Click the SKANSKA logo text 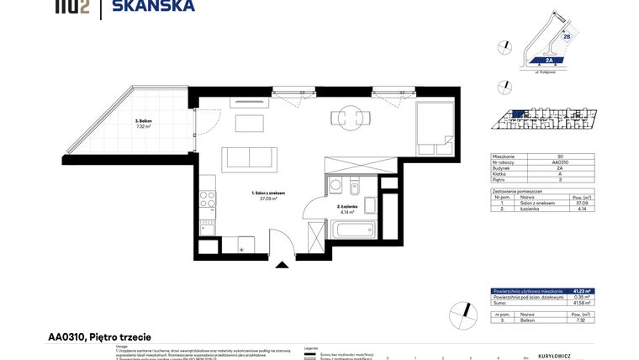(x=160, y=6)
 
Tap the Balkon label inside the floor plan (x=144, y=124)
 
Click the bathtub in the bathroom (x=351, y=230)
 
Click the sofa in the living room (x=249, y=158)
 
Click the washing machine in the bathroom (x=336, y=185)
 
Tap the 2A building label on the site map (x=548, y=61)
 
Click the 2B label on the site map (x=567, y=36)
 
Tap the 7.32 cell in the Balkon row (x=580, y=320)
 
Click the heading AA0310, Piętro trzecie (x=100, y=337)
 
